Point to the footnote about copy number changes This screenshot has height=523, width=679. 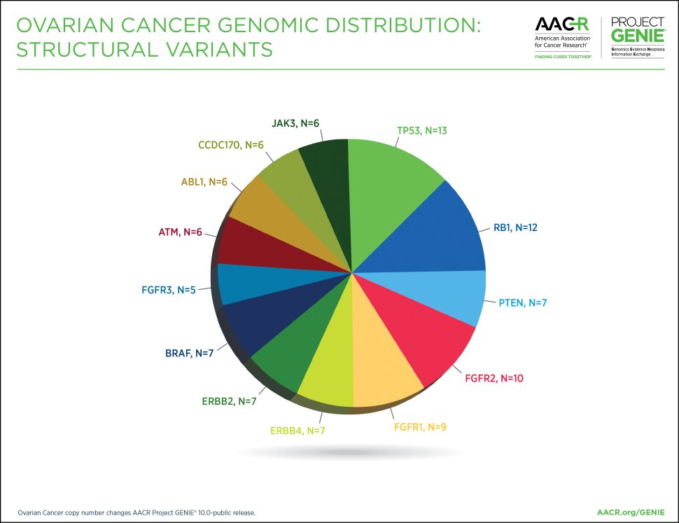click(136, 512)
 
